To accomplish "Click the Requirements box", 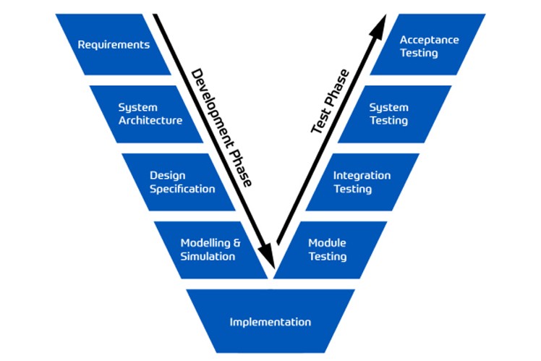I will point(114,45).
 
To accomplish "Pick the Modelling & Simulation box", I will point(210,250).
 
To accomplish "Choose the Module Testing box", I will point(329,250).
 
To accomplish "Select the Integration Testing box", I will point(362,182).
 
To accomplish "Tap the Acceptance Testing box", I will point(427,46).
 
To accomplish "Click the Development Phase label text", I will point(221,127).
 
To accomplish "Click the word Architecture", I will point(150,121).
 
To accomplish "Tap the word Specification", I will point(182,189).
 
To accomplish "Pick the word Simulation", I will point(208,257).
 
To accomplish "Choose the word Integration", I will point(362,175).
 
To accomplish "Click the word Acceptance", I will point(430,40).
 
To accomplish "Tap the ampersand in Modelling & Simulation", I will point(235,243).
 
